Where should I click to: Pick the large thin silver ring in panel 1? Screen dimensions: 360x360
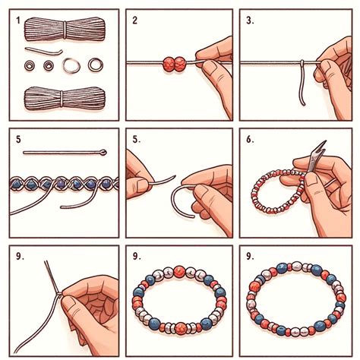[71, 66]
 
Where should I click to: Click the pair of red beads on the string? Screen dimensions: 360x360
[174, 64]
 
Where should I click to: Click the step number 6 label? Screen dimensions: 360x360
[250, 140]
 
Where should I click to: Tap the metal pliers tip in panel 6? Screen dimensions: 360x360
[320, 151]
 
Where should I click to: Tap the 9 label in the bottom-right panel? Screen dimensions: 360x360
[251, 257]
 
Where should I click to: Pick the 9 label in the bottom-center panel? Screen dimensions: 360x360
[134, 257]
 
